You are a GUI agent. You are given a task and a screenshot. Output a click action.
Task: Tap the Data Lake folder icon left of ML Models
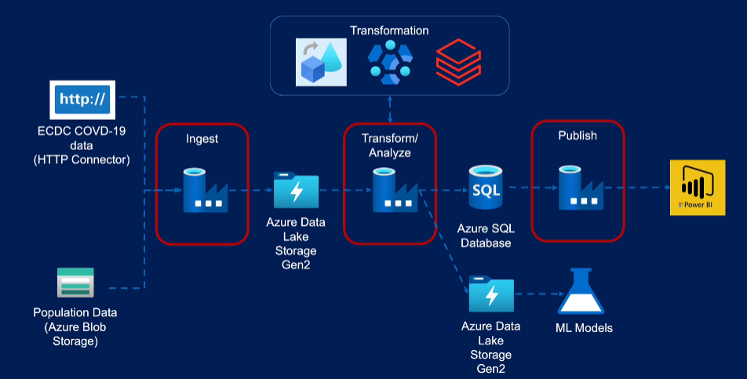[491, 296]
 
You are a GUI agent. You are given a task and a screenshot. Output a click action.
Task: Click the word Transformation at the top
[389, 31]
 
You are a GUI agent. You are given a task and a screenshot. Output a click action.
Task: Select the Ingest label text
[202, 138]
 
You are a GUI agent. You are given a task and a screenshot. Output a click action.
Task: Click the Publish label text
[578, 135]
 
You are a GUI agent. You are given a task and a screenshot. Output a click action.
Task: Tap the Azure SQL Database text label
[485, 235]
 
